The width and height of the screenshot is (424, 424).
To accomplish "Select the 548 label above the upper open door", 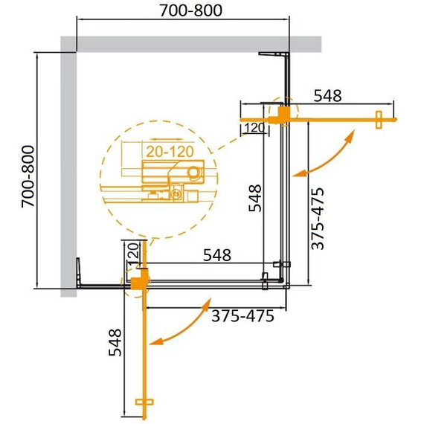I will tap(327, 95).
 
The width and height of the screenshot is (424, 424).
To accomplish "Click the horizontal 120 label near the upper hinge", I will tap(253, 128).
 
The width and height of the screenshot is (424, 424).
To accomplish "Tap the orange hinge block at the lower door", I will tap(138, 283).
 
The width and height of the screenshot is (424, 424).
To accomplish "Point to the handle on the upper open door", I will tap(379, 119).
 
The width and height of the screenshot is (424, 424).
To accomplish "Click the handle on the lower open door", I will tap(144, 402).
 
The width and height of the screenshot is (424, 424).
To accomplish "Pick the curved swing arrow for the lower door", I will tap(179, 325).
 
